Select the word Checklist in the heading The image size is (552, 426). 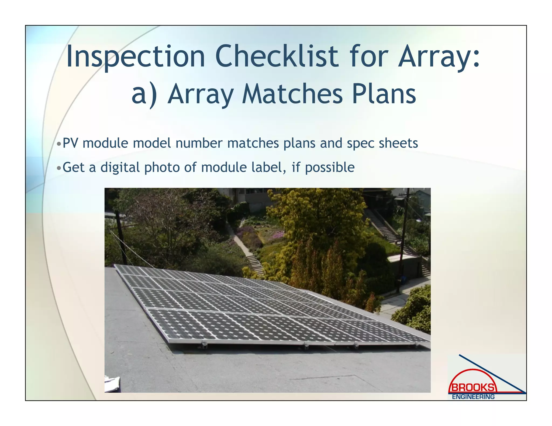[277, 57]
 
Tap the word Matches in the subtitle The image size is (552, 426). [292, 94]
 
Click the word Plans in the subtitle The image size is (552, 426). [384, 94]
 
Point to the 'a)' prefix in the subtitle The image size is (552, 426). [144, 94]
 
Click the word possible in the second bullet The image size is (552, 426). [330, 167]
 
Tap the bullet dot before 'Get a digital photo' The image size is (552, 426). [59, 168]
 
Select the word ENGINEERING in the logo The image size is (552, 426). [473, 397]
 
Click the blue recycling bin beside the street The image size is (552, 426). [403, 280]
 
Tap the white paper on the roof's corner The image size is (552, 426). [112, 384]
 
